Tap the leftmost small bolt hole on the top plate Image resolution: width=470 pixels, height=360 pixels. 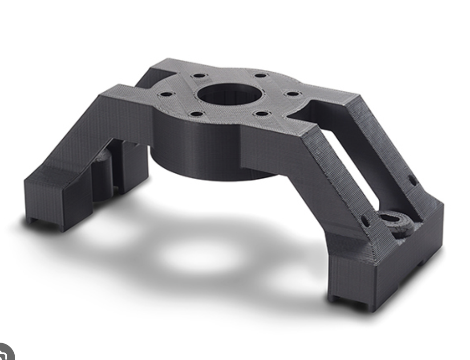[166, 94]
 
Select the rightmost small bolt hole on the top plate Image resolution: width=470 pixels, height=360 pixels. [292, 94]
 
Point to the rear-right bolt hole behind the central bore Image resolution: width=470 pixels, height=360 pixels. [260, 75]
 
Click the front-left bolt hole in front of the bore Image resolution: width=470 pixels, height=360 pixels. [196, 114]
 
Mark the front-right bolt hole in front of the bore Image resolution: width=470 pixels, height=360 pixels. [262, 114]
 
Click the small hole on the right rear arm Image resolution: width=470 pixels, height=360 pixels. [412, 180]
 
